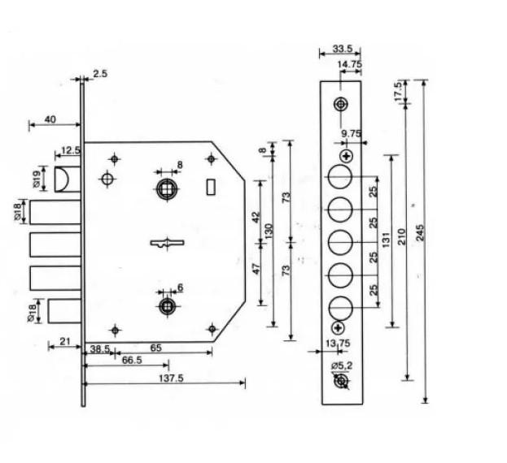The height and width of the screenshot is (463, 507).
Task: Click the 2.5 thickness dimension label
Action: point(101,74)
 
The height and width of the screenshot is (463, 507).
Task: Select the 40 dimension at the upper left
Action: point(50,119)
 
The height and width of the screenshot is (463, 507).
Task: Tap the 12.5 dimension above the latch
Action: point(70,150)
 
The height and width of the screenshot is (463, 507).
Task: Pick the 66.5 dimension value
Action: point(129,360)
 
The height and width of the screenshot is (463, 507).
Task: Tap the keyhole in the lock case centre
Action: point(167,243)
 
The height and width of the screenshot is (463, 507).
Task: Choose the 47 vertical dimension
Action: point(256,269)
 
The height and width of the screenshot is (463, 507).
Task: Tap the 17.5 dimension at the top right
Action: point(398,90)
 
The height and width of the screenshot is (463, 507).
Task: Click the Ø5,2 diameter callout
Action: point(342,367)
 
